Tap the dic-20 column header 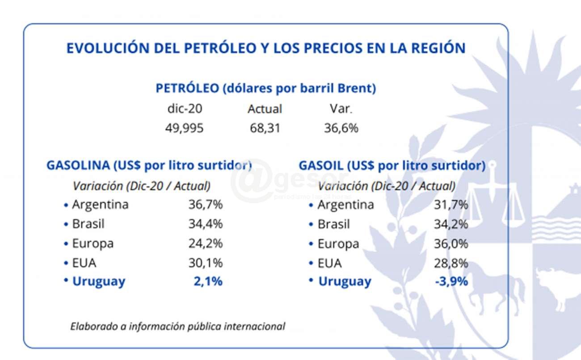pos(184,109)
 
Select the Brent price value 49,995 pos(184,128)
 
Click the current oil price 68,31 pos(265,128)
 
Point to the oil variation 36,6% pos(341,128)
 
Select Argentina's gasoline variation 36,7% pos(205,205)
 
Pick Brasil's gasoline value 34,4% pos(205,224)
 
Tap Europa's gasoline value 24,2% pos(205,243)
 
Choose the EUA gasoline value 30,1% pos(205,263)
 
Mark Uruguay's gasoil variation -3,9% pos(451,281)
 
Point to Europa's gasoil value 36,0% pos(451,244)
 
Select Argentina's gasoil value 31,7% pos(451,205)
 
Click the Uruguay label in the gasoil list pos(345,282)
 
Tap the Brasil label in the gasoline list pos(88,224)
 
